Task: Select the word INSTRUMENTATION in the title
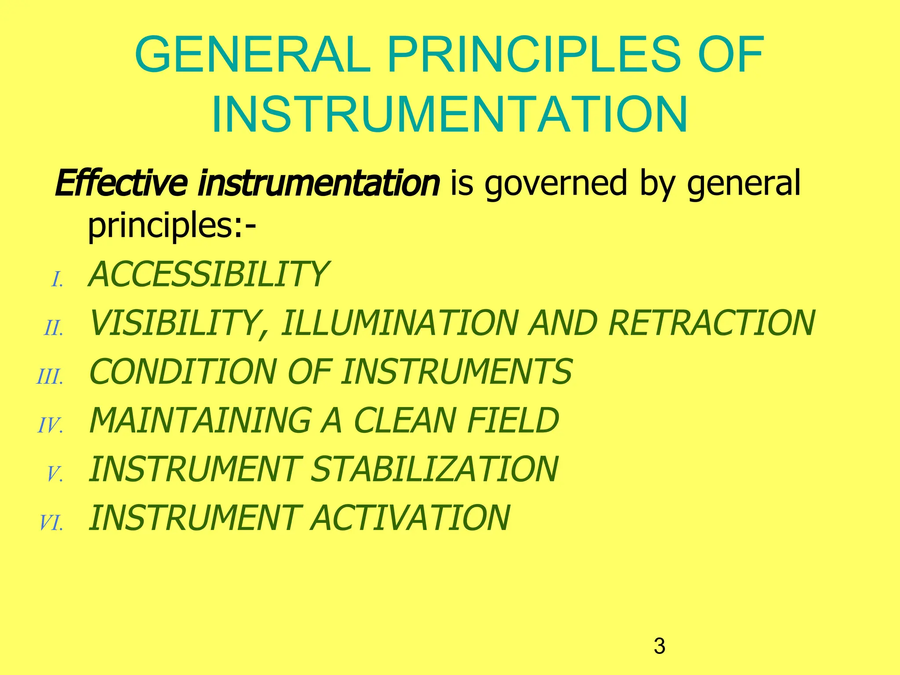tap(450, 115)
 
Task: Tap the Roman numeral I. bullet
tap(58, 280)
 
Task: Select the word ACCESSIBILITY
tap(208, 275)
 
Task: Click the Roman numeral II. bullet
tap(54, 329)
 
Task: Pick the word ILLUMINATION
tap(400, 323)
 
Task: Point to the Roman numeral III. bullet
tap(50, 377)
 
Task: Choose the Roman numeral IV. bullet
tap(51, 426)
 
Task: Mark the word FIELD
tap(513, 421)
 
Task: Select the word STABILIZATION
tap(434, 469)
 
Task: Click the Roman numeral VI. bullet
tap(51, 523)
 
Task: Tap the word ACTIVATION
tap(410, 518)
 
